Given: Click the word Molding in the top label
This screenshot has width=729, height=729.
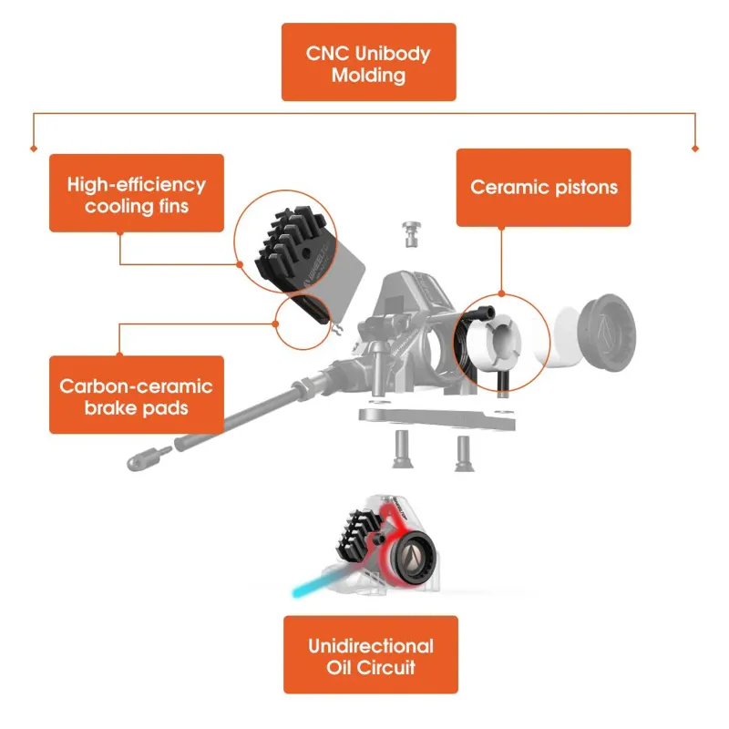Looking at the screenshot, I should click(368, 75).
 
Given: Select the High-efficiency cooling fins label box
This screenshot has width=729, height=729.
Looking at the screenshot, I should click(136, 193).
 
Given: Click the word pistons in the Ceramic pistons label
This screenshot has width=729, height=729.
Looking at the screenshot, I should click(583, 188).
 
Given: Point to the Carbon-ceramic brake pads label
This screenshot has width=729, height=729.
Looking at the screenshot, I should click(136, 395).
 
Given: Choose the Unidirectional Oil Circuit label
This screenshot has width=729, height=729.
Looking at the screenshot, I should click(370, 655).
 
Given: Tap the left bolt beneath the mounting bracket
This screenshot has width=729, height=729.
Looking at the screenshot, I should click(400, 448).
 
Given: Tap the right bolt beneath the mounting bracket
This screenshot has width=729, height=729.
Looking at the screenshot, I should click(462, 451).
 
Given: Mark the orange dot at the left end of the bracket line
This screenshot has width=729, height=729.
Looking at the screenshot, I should click(34, 148).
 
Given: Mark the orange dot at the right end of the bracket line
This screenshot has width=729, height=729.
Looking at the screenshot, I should click(695, 148).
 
